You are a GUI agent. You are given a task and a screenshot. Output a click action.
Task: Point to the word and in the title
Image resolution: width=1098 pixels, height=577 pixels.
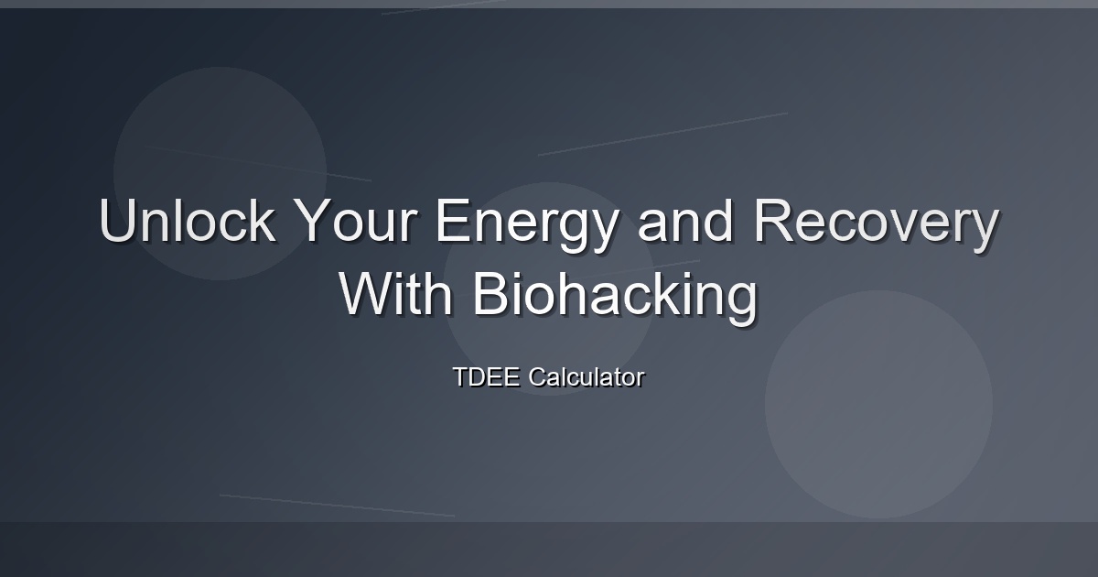pyautogui.click(x=684, y=220)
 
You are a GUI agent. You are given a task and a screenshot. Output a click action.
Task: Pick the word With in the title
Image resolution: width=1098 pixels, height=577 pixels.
pyautogui.click(x=395, y=293)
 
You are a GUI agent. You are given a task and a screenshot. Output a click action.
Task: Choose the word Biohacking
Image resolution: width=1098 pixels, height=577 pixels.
pyautogui.click(x=615, y=299)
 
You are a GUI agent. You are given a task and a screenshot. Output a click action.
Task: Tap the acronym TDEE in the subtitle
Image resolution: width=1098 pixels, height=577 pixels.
pyautogui.click(x=486, y=376)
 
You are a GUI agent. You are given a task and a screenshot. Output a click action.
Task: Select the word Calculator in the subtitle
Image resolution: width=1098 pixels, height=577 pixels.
pyautogui.click(x=587, y=376)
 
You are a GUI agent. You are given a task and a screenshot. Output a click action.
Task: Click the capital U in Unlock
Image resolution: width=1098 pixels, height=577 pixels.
pyautogui.click(x=117, y=221)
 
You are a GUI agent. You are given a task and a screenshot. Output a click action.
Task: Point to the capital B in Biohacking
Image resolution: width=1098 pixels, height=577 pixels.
pyautogui.click(x=490, y=293)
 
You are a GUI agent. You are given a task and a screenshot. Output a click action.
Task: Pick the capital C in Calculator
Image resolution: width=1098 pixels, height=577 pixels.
pyautogui.click(x=538, y=376)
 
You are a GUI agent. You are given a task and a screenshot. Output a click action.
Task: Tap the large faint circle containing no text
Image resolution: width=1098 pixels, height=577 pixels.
pyautogui.click(x=879, y=404)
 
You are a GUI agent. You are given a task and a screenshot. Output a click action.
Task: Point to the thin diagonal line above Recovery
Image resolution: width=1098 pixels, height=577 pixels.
pyautogui.click(x=662, y=134)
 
